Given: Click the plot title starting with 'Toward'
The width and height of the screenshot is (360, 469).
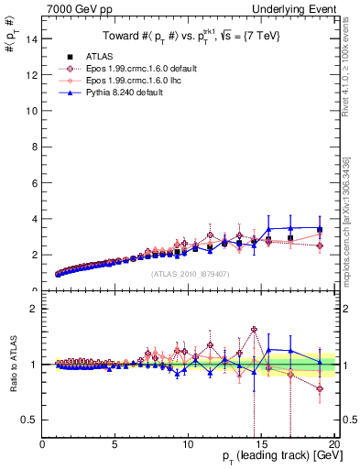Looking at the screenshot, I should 189,36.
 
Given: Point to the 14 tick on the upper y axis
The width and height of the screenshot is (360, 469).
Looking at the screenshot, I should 31,38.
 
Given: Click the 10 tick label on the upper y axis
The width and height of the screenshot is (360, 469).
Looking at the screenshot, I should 31,111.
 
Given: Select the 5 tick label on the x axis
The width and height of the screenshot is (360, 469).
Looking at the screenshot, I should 115,444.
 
